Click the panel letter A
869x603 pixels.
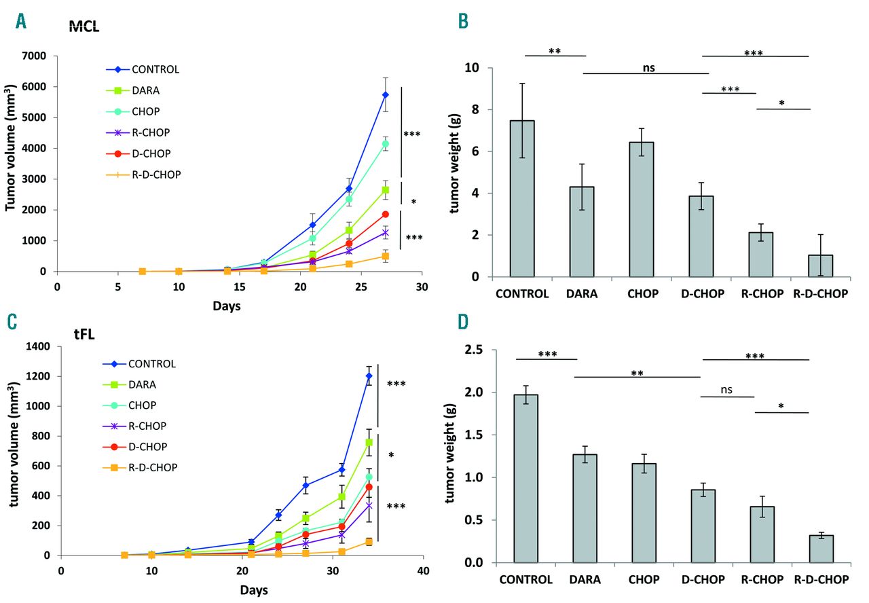click(22, 22)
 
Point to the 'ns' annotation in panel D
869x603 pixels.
click(727, 390)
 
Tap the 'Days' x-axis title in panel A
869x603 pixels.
click(226, 306)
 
